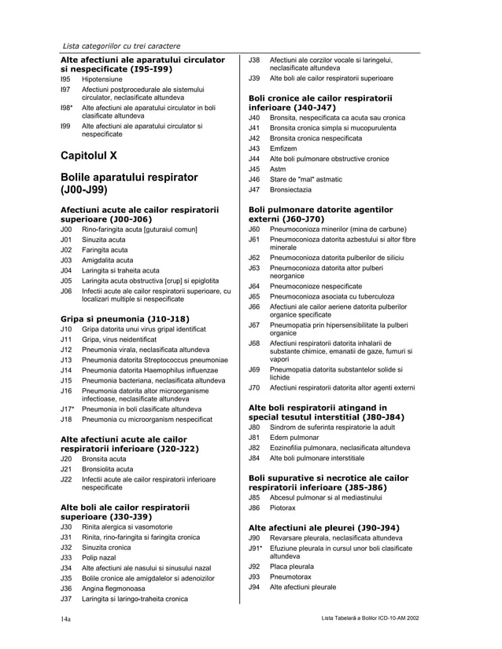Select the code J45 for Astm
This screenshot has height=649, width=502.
254,169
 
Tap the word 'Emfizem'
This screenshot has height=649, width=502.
284,148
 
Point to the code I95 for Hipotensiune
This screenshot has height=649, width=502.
65,80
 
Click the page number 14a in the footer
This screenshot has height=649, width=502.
68,620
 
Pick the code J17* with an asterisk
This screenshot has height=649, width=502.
68,409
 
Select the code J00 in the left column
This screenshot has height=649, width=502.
66,229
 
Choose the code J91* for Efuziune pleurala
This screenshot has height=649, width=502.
255,548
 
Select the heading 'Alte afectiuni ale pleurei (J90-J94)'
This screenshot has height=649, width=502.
323,527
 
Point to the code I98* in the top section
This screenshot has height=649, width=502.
67,108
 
